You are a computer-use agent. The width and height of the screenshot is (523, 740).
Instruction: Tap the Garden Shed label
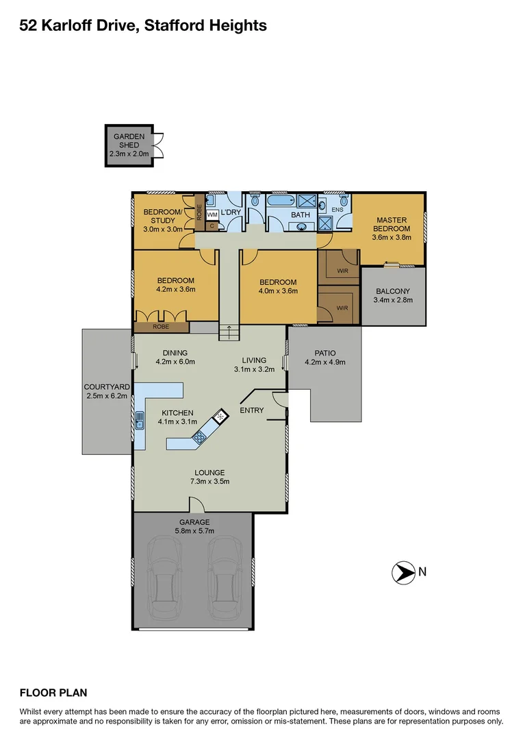[129, 140]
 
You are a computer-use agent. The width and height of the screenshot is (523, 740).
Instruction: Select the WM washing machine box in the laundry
[212, 215]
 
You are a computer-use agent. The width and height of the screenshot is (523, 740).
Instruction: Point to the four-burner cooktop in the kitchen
[200, 437]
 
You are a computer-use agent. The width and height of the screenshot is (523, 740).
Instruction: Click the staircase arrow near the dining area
[229, 332]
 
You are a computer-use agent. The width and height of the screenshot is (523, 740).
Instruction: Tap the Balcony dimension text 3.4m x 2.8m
[393, 300]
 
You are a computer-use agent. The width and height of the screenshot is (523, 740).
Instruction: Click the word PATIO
[325, 354]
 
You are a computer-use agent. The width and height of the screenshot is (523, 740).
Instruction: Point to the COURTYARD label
[105, 386]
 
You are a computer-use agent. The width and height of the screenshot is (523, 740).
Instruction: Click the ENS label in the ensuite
[337, 209]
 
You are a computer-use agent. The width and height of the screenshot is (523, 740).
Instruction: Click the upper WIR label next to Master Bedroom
[343, 271]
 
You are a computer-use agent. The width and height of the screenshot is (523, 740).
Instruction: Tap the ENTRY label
[251, 410]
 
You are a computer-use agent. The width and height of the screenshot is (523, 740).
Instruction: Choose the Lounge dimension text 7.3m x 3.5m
[209, 482]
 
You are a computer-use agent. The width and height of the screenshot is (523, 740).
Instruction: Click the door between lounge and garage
[196, 506]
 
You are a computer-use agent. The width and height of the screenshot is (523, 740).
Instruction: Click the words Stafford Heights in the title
[209, 26]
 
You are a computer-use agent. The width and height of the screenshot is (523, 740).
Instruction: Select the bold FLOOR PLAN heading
[53, 693]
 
